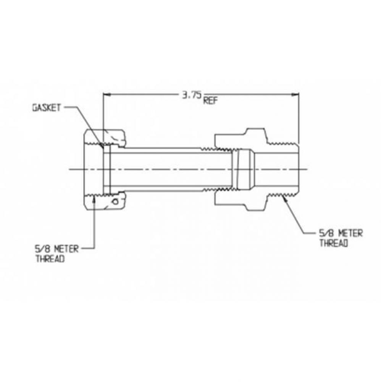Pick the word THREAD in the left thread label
[x=50, y=258]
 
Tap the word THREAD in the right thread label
[x=333, y=243]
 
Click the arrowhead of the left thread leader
[x=95, y=198]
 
